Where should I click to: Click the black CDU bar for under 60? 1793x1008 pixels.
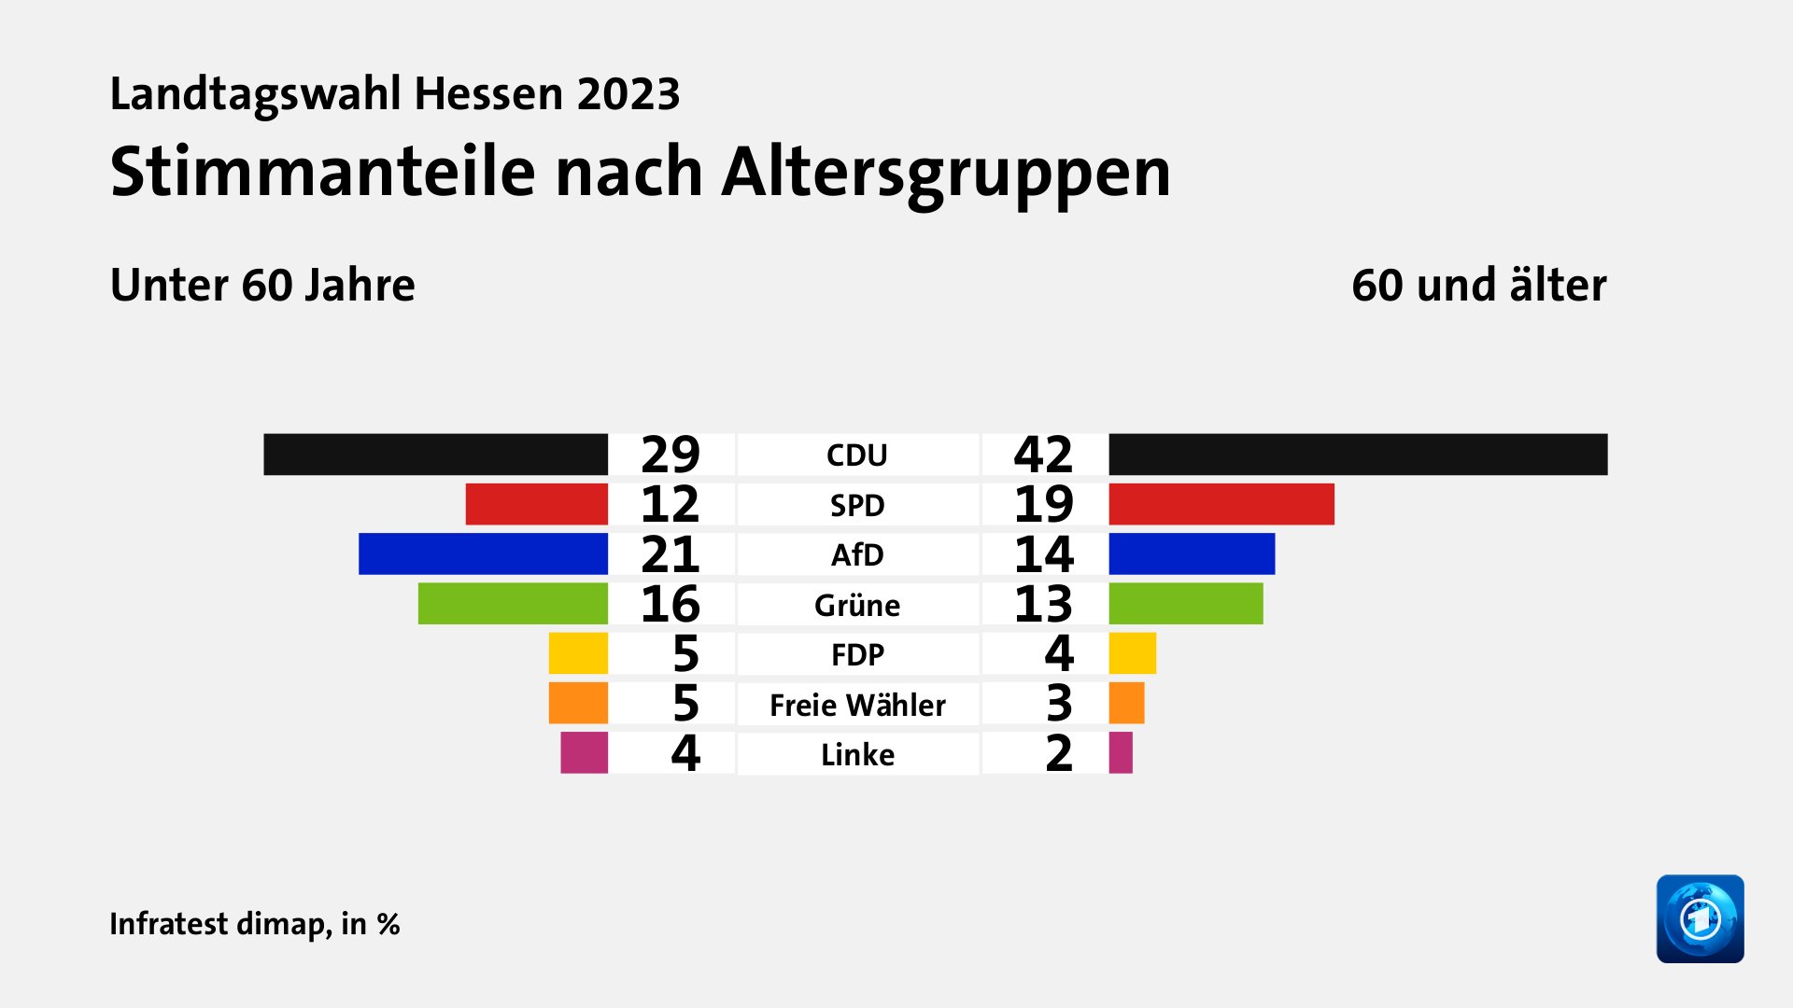tap(435, 455)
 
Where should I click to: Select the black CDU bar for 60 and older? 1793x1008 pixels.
tap(1358, 455)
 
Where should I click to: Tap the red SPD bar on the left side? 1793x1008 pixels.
tap(536, 504)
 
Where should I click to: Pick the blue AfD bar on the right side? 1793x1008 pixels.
tap(1192, 554)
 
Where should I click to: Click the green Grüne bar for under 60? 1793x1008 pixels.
tap(513, 604)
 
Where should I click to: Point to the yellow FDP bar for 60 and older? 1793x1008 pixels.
tap(1132, 653)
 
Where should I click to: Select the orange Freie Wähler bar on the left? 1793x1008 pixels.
tap(578, 703)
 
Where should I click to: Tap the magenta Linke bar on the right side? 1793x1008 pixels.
tap(1121, 753)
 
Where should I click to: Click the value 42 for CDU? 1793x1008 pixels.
tap(1043, 455)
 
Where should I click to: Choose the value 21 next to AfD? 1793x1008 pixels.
tap(671, 554)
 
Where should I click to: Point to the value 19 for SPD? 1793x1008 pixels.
tap(1043, 504)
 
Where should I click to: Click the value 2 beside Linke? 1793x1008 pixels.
tap(1059, 753)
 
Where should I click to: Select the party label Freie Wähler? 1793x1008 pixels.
tap(857, 705)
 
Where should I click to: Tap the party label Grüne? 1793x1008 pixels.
tap(857, 605)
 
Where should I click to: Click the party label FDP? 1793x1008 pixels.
tap(857, 654)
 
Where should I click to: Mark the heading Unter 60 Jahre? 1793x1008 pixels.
tap(262, 285)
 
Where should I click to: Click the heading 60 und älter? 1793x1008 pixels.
tap(1478, 285)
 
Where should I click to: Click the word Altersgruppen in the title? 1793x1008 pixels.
tap(945, 174)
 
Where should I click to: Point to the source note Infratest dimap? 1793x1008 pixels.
tap(220, 923)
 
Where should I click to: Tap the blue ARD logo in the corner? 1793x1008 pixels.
tap(1700, 918)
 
